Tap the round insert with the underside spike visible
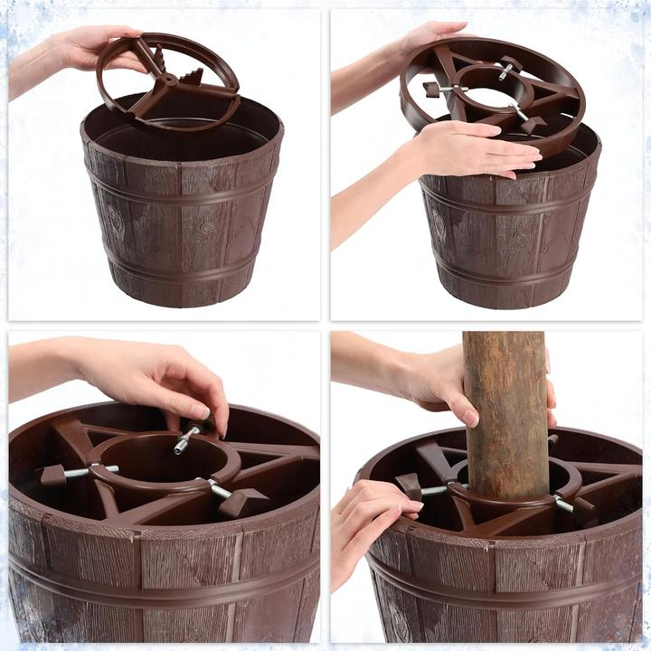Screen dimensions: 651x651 click(x=168, y=81)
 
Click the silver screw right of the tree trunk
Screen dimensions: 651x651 click(x=563, y=505)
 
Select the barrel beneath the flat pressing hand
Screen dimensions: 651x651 click(x=506, y=235)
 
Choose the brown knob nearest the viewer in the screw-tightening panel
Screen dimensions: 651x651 click(x=242, y=502)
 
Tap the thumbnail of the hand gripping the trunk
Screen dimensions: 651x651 click(x=470, y=417)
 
